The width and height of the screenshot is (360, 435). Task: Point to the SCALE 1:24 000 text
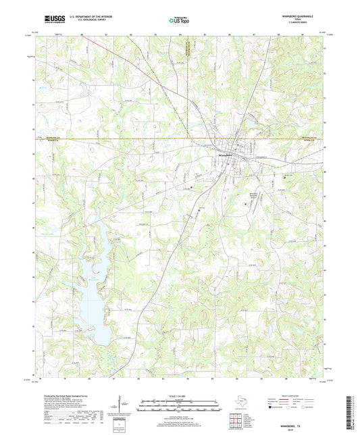click(x=179, y=395)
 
